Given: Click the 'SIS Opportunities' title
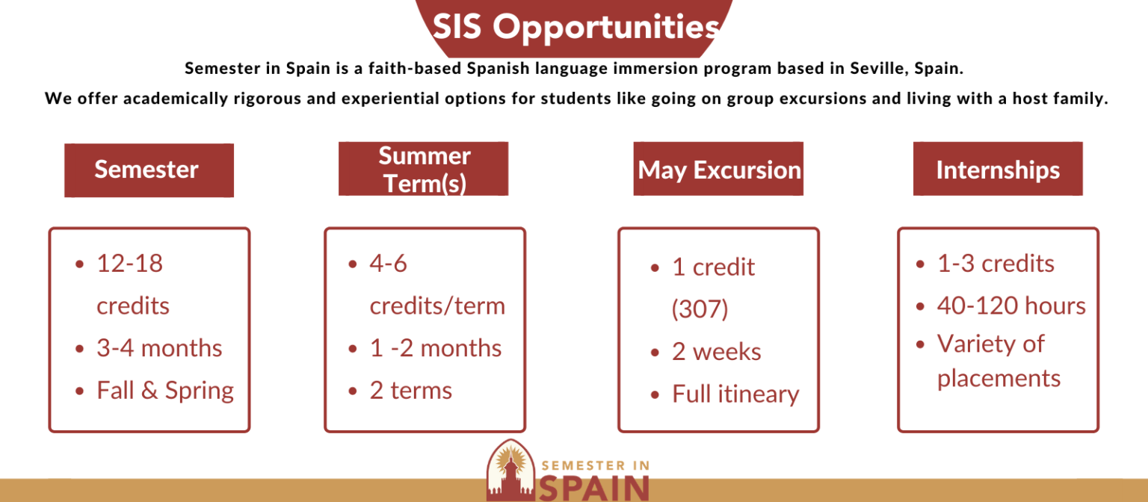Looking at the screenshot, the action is tap(576, 27).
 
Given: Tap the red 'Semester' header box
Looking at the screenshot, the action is tap(149, 170).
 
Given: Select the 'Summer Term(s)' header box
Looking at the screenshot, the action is tap(423, 169).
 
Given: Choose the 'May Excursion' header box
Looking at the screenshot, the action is tap(718, 169).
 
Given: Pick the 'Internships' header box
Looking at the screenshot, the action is tap(998, 169).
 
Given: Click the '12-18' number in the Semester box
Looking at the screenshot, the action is tap(129, 263).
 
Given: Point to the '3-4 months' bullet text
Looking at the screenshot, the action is tap(159, 348).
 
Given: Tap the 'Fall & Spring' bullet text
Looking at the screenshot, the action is tap(165, 391).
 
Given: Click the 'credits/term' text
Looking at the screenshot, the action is tap(437, 306).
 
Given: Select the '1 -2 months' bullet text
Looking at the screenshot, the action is tap(436, 348).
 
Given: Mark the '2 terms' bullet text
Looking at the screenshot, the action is tap(411, 391).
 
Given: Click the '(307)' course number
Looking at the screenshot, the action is tap(700, 309).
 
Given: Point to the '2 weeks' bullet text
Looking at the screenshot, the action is tap(717, 352).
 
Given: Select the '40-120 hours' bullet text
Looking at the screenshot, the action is tap(1011, 306).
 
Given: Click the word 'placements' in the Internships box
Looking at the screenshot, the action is tap(999, 379).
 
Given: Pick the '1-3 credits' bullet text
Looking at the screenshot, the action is tap(996, 263).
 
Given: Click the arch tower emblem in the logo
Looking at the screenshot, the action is tap(510, 470).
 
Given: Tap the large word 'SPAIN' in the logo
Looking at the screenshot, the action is tap(594, 488).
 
